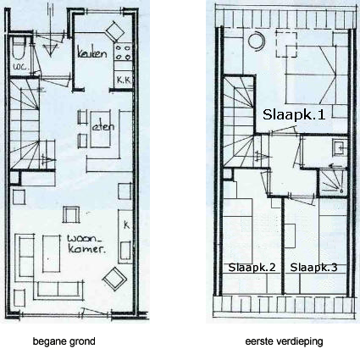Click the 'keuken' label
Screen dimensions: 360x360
(92, 53)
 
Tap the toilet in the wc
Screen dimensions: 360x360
(19, 48)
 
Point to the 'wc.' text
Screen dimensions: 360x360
(19, 67)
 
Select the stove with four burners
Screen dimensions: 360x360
(124, 52)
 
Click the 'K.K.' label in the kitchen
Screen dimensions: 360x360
(124, 80)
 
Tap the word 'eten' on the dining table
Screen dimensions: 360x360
(103, 126)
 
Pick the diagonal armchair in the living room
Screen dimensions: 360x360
(114, 279)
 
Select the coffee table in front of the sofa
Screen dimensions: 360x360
(52, 253)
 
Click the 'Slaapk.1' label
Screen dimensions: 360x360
(294, 114)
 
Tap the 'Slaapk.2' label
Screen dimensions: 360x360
(252, 268)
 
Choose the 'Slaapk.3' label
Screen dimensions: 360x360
(313, 268)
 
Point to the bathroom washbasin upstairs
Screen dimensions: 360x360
(339, 147)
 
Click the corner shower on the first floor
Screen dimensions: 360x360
(331, 182)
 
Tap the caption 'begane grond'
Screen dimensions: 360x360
(64, 341)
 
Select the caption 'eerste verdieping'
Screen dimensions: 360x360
(284, 341)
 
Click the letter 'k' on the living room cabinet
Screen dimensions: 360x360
(126, 224)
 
